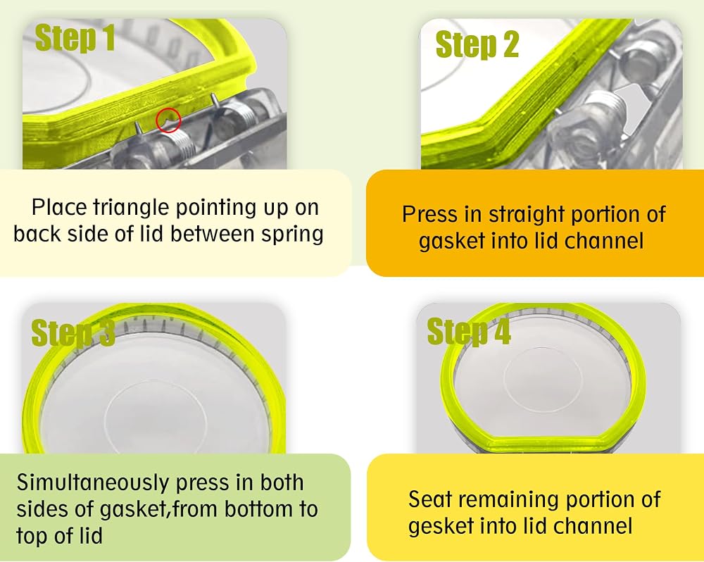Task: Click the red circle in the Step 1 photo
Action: click(168, 120)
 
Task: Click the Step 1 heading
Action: click(75, 37)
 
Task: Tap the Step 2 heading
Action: click(477, 44)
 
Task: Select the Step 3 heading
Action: click(73, 333)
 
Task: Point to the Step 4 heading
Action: click(469, 332)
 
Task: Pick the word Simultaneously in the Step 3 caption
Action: click(92, 483)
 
